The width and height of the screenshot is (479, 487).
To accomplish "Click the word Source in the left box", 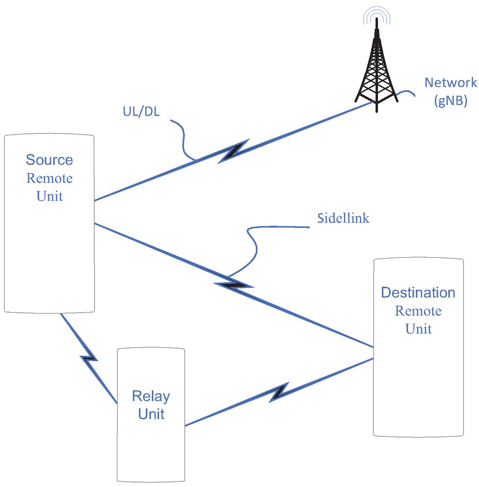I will (49, 160).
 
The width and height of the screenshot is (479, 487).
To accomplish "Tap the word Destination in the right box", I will (418, 293).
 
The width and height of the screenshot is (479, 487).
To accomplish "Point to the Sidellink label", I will (343, 218).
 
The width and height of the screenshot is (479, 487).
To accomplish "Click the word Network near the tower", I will (451, 82).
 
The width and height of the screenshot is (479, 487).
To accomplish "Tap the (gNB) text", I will (451, 101).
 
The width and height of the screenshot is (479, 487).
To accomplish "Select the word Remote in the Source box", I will (49, 178).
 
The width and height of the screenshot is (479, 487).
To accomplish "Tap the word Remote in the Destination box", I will (418, 311).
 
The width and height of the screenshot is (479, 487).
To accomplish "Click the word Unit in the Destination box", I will (418, 329).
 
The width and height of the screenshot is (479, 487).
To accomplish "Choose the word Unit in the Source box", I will (49, 196).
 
